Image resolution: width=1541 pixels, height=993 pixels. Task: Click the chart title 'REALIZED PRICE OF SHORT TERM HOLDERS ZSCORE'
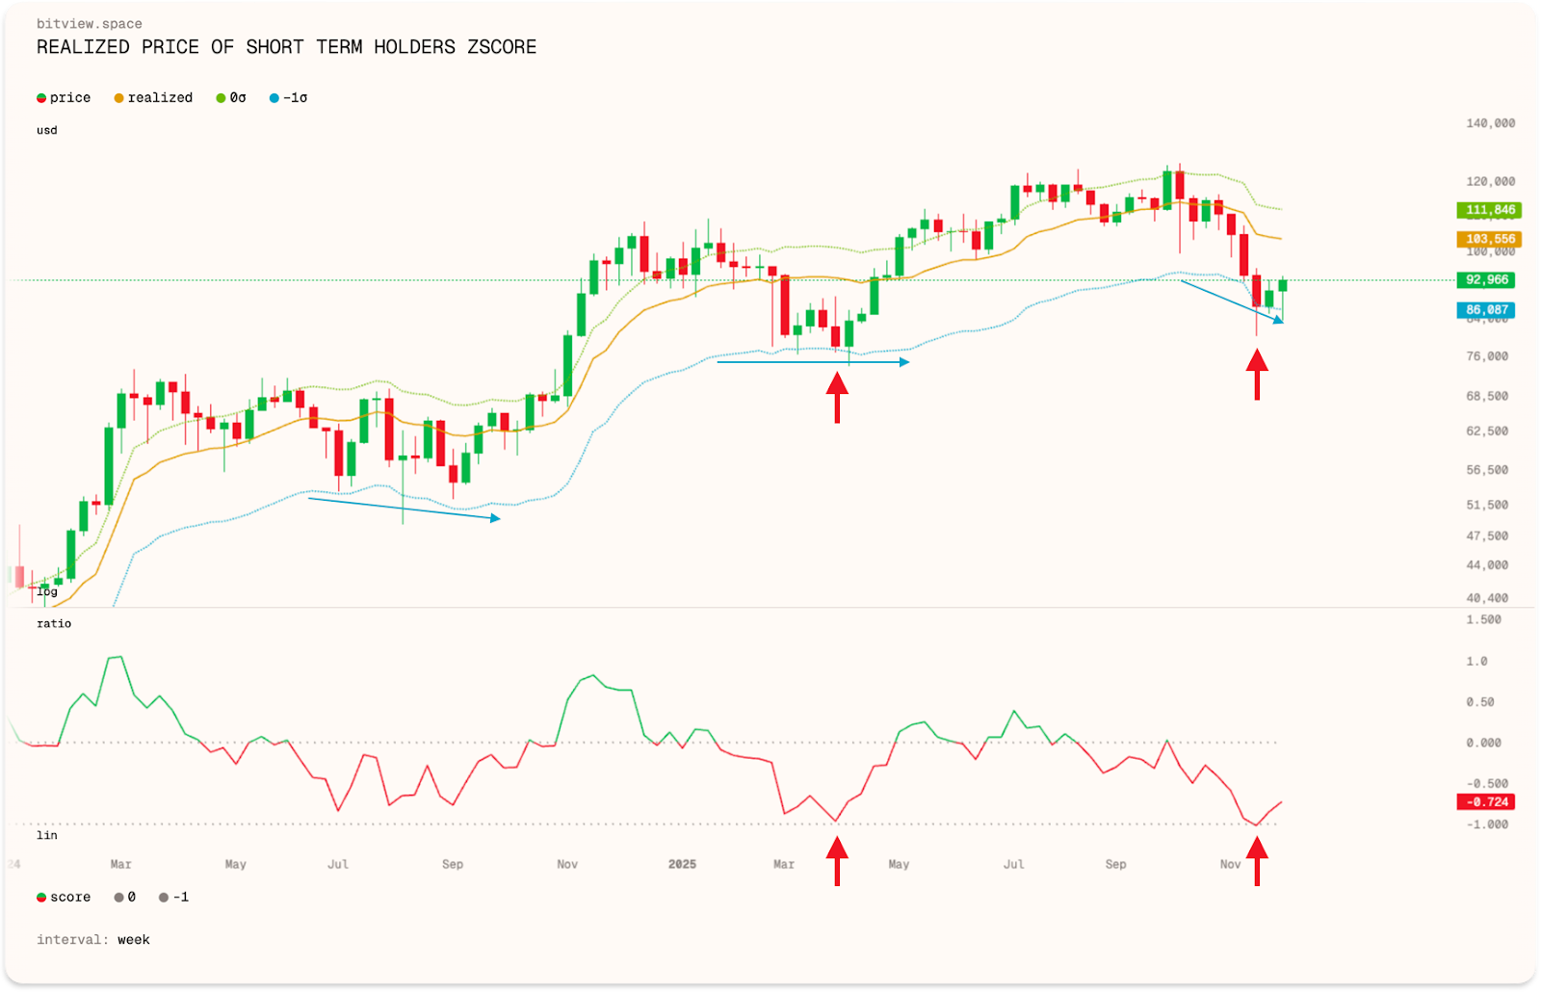286,47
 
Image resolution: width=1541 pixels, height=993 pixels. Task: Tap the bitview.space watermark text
89,24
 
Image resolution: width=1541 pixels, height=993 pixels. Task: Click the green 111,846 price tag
1489,210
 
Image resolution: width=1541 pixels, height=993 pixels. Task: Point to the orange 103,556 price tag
1489,239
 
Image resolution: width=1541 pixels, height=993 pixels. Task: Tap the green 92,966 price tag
1486,280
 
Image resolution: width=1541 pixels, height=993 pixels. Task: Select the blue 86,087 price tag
1486,310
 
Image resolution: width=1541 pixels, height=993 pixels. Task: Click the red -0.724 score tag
1486,802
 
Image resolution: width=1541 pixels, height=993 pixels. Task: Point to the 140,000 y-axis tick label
1490,123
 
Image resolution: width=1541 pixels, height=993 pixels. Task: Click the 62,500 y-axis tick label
1487,431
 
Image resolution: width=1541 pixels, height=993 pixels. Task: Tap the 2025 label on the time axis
682,865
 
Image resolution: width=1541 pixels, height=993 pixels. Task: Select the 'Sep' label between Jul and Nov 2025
1115,865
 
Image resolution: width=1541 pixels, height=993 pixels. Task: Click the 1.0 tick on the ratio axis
1476,662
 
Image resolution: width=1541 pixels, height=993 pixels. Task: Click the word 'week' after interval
134,940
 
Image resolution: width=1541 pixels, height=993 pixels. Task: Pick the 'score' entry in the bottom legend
69,898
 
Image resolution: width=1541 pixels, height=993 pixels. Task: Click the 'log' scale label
47,592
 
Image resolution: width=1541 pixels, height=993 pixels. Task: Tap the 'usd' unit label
47,131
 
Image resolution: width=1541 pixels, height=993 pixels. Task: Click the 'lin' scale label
47,836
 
